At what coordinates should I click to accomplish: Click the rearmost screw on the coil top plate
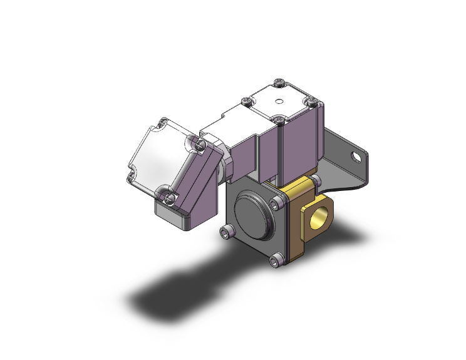point(279,81)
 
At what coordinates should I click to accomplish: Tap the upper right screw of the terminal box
point(200,145)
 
